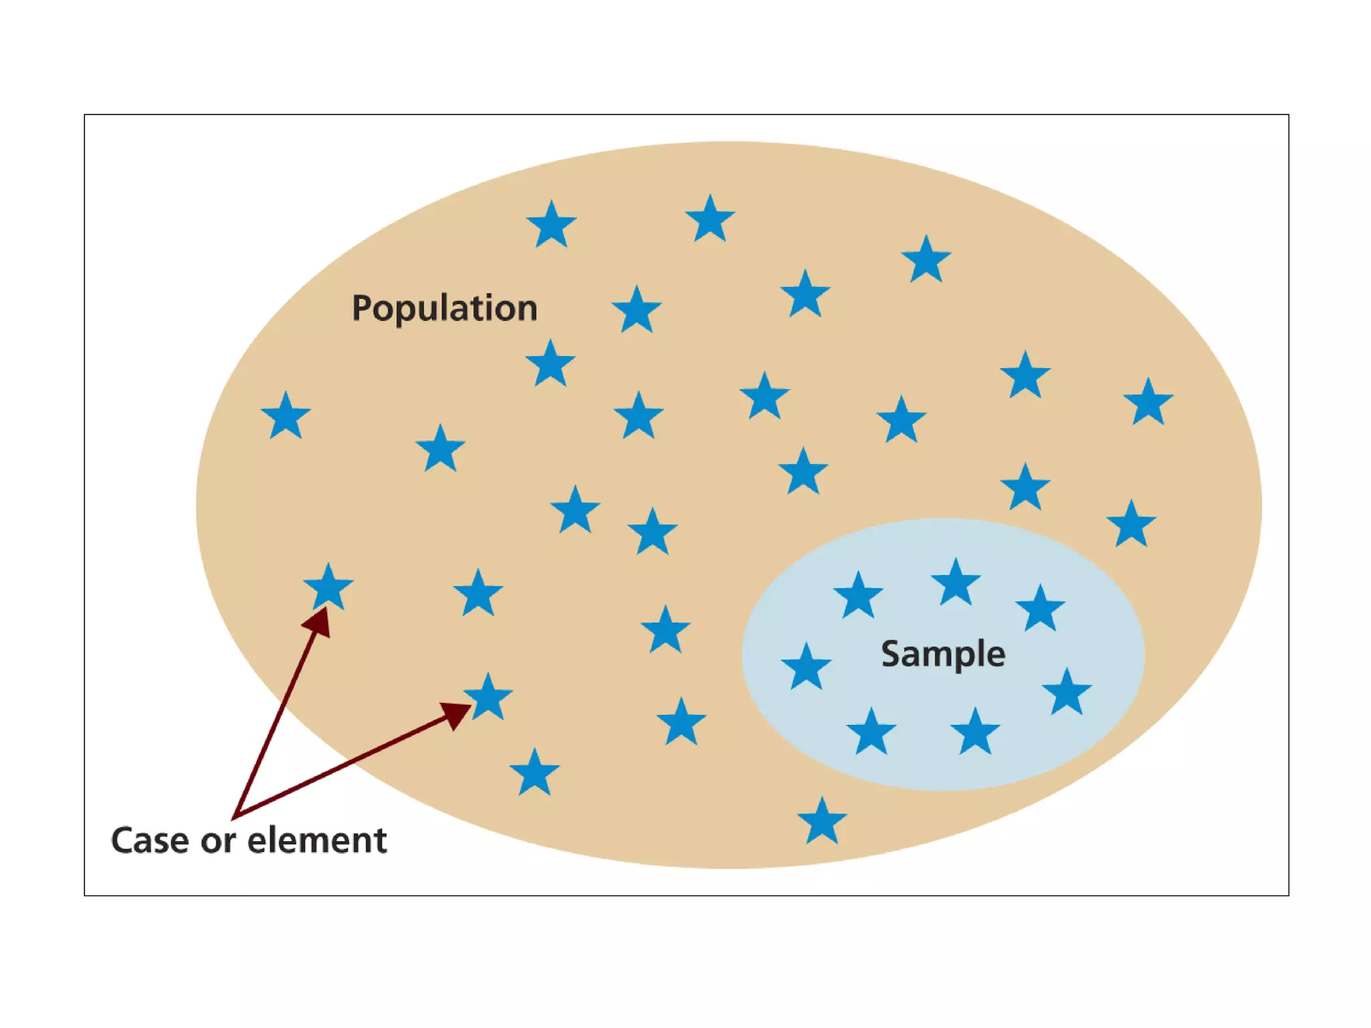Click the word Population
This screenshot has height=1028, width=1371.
[445, 309]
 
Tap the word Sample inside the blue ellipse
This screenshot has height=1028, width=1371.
[943, 654]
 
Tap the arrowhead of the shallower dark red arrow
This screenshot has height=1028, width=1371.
[457, 713]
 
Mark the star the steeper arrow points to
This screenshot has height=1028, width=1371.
[328, 588]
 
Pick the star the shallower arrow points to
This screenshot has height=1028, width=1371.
[488, 697]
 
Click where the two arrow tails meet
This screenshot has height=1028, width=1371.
[234, 817]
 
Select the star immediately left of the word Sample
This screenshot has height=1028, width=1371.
[806, 667]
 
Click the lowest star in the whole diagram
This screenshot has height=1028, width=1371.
[822, 821]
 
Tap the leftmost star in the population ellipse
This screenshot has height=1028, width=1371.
[286, 417]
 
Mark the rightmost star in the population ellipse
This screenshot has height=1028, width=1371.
[1148, 403]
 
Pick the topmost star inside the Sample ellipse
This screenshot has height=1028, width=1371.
[955, 583]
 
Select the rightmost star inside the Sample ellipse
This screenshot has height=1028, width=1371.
[1066, 692]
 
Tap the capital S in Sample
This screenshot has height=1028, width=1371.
[890, 654]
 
